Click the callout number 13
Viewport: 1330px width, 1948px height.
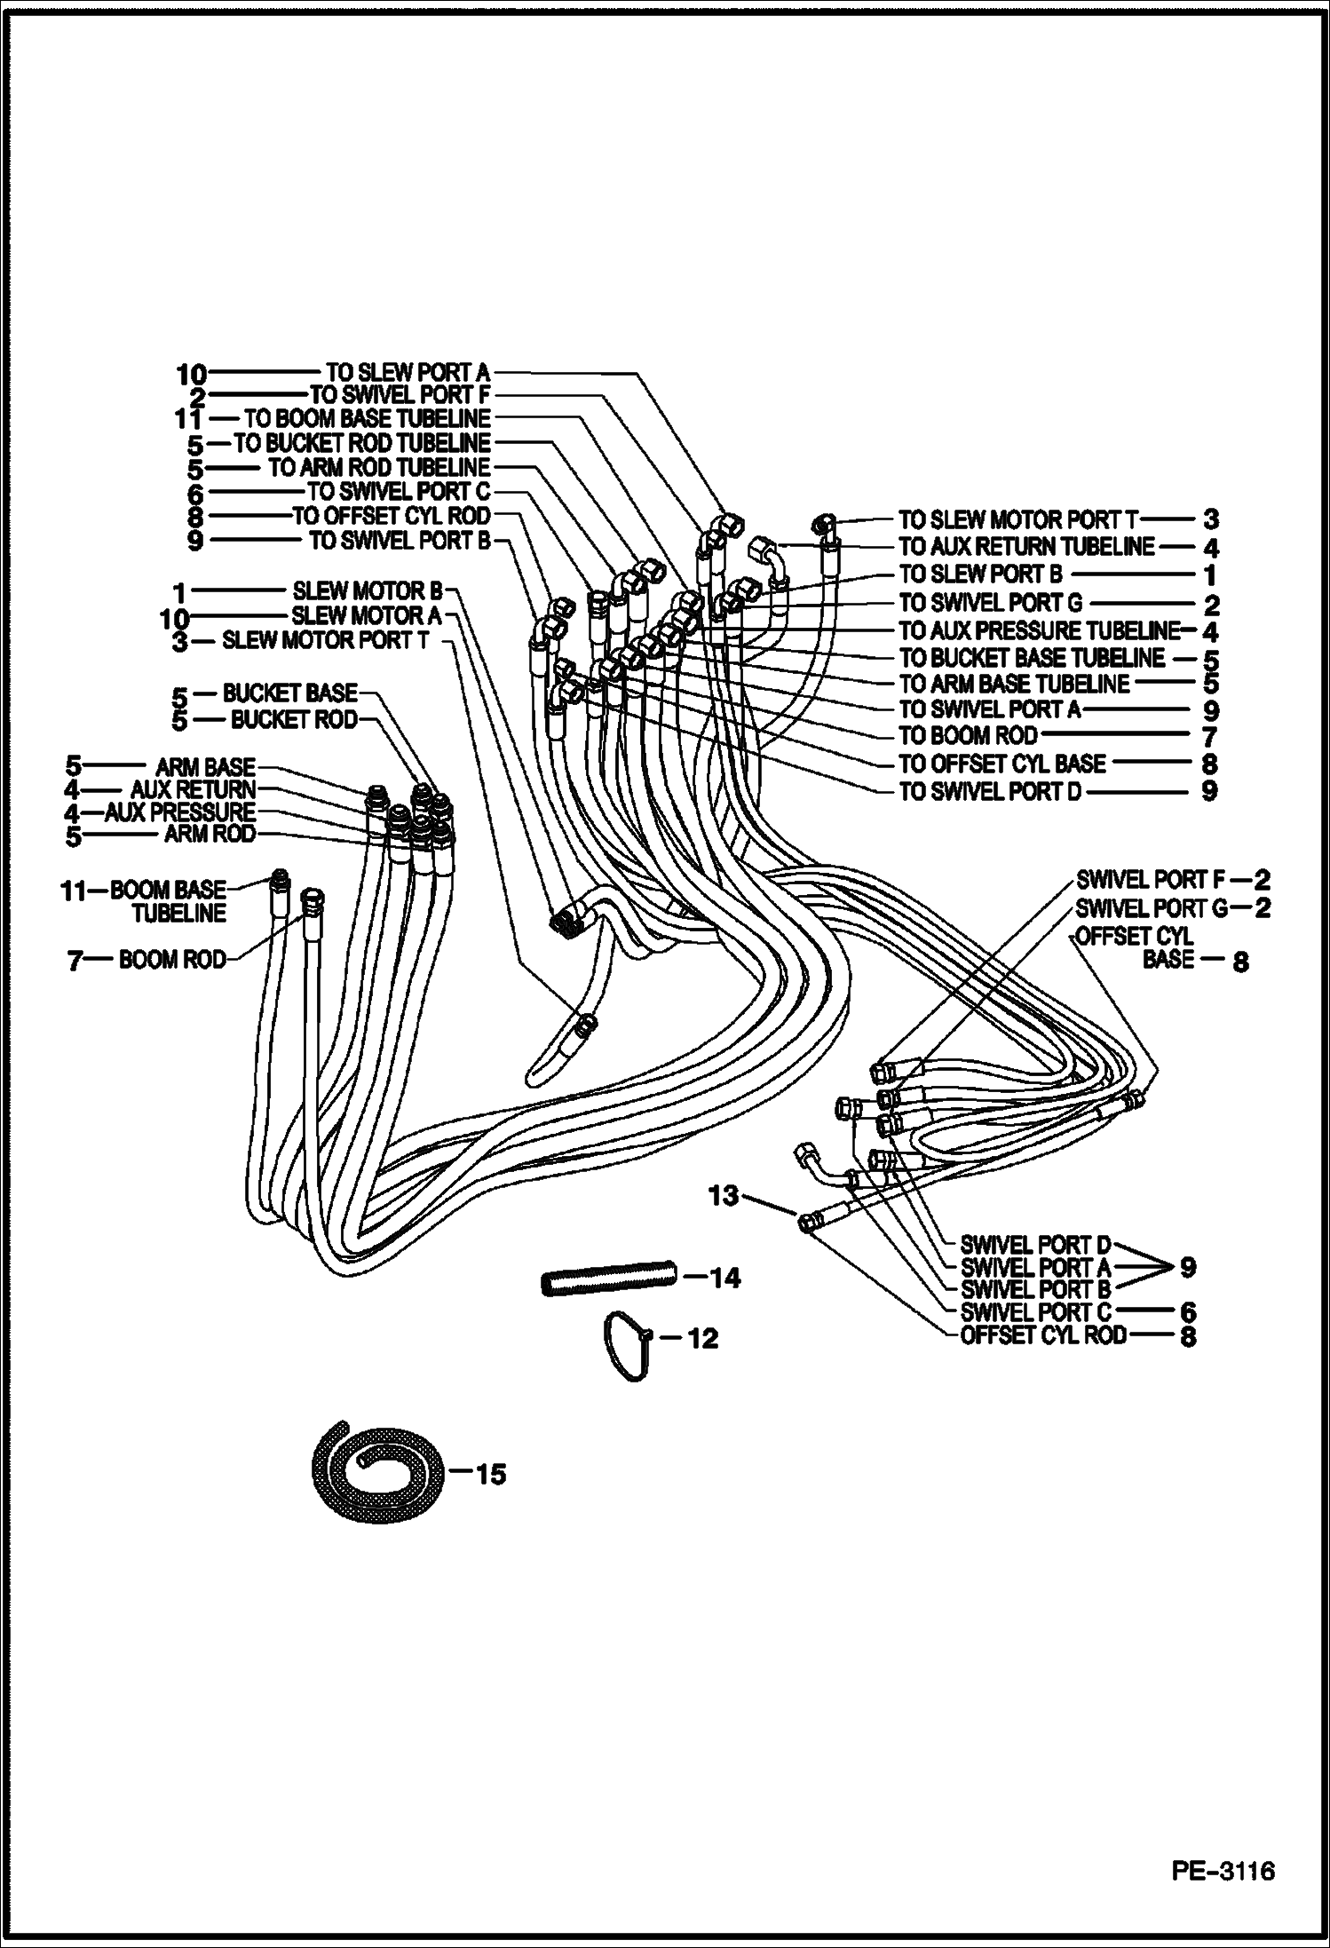tap(724, 1196)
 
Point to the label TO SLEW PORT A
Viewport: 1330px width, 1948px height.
tap(408, 372)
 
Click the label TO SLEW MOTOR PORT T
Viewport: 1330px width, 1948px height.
tap(1018, 519)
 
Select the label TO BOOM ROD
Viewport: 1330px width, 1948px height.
tap(968, 736)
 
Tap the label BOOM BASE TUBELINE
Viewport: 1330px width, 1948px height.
tap(169, 900)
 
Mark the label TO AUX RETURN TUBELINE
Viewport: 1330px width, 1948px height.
tap(1027, 547)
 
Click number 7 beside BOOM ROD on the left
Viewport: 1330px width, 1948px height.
tap(75, 960)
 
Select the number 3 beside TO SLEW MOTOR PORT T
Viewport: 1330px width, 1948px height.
tap(1211, 519)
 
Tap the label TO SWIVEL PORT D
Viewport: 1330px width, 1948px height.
tap(991, 791)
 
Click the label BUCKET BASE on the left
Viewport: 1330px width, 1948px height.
tap(290, 693)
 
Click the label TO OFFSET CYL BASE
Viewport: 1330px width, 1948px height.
tap(1003, 764)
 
